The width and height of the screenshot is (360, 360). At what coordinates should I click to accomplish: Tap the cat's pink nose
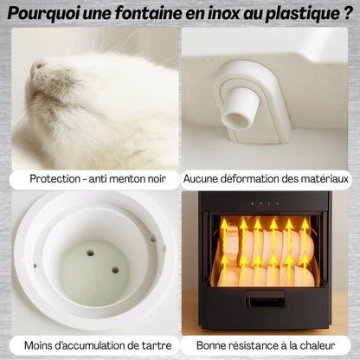pyautogui.click(x=36, y=68)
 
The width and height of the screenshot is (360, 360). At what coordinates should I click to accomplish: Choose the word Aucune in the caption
pyautogui.click(x=204, y=179)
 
